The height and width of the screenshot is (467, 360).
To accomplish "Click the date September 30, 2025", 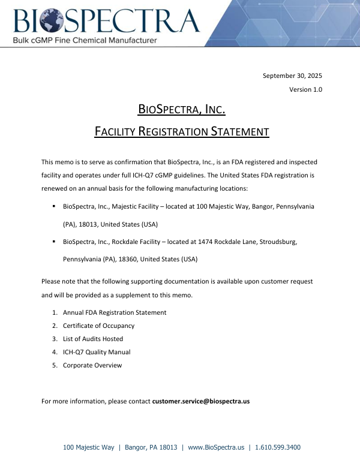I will [x=293, y=76].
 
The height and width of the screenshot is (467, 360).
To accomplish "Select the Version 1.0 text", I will [x=305, y=89].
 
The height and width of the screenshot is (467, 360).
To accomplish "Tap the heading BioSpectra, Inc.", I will [x=182, y=109].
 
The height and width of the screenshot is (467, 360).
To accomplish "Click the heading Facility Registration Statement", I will [x=182, y=131].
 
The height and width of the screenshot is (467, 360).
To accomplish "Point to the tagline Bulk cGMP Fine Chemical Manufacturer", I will [x=85, y=40].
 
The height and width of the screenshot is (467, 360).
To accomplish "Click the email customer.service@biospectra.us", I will [x=200, y=401].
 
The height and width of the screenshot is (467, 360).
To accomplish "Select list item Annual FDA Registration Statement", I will [x=115, y=312].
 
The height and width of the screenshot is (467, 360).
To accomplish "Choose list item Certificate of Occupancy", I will [x=98, y=326].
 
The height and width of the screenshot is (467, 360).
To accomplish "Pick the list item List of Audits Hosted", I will [x=93, y=339].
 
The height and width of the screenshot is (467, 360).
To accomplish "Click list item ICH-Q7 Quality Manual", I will [x=97, y=352].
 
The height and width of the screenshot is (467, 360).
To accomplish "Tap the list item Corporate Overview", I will [x=92, y=365].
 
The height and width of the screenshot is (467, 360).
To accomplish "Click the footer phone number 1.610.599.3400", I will [x=278, y=447].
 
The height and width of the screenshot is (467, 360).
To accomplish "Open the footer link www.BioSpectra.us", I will [x=216, y=447].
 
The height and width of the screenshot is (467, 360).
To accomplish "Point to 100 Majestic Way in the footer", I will [x=89, y=447].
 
